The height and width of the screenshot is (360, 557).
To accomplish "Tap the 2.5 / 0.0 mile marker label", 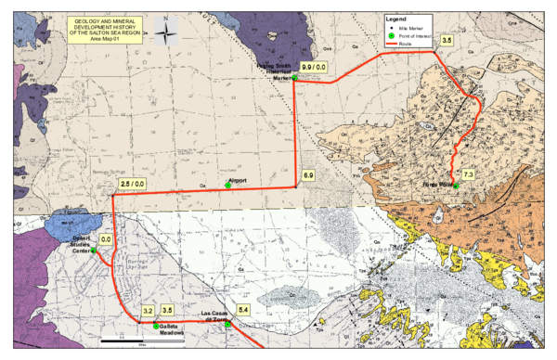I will (133, 186).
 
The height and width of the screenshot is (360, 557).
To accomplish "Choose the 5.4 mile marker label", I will (243, 309).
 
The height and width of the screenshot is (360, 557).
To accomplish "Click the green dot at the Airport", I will (228, 186).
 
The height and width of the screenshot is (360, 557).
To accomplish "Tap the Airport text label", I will (235, 180).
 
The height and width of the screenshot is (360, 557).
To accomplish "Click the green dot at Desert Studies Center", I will (94, 251).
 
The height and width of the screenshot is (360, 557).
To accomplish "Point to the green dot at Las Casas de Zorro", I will (227, 324).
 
